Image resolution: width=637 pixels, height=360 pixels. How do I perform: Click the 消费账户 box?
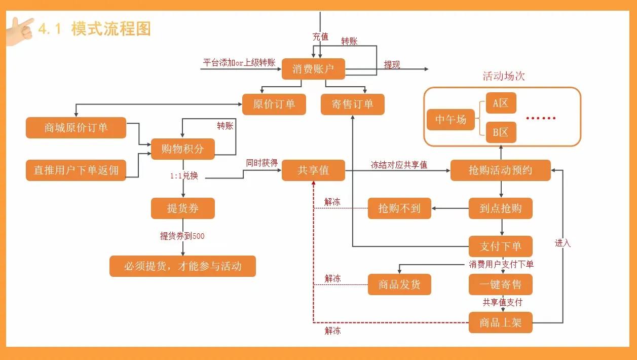pyautogui.click(x=313, y=69)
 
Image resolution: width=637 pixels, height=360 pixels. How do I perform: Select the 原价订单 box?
pyautogui.click(x=274, y=104)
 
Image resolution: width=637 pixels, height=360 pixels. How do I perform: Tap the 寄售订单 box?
pyautogui.click(x=352, y=104)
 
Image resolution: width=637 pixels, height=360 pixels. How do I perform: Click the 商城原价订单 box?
pyautogui.click(x=76, y=128)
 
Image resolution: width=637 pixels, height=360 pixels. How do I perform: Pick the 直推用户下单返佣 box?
pyautogui.click(x=76, y=170)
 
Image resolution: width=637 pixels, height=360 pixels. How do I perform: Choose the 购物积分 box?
pyautogui.click(x=182, y=149)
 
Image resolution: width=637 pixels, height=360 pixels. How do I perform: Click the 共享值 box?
pyautogui.click(x=313, y=170)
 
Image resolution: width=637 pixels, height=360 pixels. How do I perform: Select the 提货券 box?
pyautogui.click(x=182, y=208)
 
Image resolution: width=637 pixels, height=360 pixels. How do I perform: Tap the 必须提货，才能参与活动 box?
pyautogui.click(x=182, y=266)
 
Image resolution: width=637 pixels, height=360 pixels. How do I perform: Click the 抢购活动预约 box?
pyautogui.click(x=500, y=170)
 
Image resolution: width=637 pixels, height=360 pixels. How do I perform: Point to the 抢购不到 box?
pyautogui.click(x=399, y=208)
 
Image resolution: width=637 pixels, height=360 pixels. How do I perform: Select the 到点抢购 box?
pyautogui.click(x=500, y=208)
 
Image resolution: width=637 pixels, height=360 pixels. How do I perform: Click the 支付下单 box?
pyautogui.click(x=500, y=246)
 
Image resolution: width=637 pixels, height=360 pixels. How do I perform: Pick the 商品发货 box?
pyautogui.click(x=399, y=284)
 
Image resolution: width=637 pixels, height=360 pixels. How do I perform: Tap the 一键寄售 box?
pyautogui.click(x=500, y=284)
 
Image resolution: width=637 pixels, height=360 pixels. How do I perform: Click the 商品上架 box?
pyautogui.click(x=500, y=322)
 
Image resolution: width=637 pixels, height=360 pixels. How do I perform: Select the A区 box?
pyautogui.click(x=501, y=103)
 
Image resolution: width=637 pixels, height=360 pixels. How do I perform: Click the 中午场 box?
pyautogui.click(x=451, y=120)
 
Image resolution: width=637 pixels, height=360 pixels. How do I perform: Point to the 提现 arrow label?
pyautogui.click(x=392, y=65)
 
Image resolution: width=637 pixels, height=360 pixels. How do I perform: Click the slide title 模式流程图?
pyautogui.click(x=111, y=28)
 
